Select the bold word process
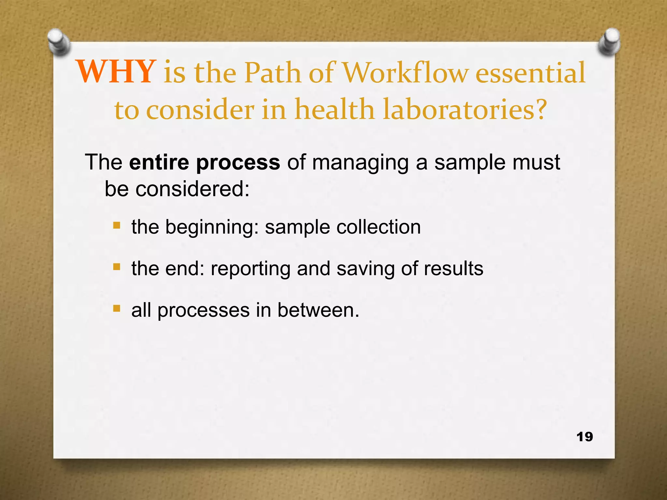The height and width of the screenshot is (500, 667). (238, 163)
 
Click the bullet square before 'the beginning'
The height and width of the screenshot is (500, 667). (117, 225)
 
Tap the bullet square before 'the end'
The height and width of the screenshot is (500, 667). (117, 267)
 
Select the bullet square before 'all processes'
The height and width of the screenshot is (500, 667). (117, 308)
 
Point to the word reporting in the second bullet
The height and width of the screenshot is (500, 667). (250, 269)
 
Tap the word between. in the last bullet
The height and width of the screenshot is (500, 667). (318, 310)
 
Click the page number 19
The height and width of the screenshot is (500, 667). (585, 437)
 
